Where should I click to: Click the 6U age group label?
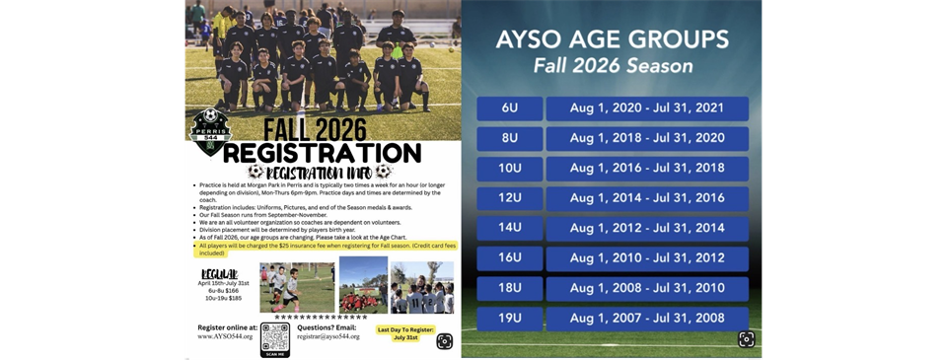point(509,108)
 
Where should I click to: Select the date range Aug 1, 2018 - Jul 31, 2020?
point(647,138)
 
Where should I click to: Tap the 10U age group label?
point(509,169)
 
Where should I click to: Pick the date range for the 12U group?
point(647,198)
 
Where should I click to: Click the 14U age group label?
point(509,229)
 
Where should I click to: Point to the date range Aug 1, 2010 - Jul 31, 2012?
point(647,258)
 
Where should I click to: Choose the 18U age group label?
point(509,289)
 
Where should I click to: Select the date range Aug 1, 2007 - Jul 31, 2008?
point(647,319)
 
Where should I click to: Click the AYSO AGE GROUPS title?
point(613,40)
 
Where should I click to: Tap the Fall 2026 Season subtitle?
point(613,67)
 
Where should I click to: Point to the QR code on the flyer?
point(275,338)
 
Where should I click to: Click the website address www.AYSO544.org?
point(225,336)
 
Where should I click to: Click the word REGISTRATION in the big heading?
point(323,153)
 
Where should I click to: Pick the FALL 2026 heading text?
point(308,128)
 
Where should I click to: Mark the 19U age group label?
point(509,319)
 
